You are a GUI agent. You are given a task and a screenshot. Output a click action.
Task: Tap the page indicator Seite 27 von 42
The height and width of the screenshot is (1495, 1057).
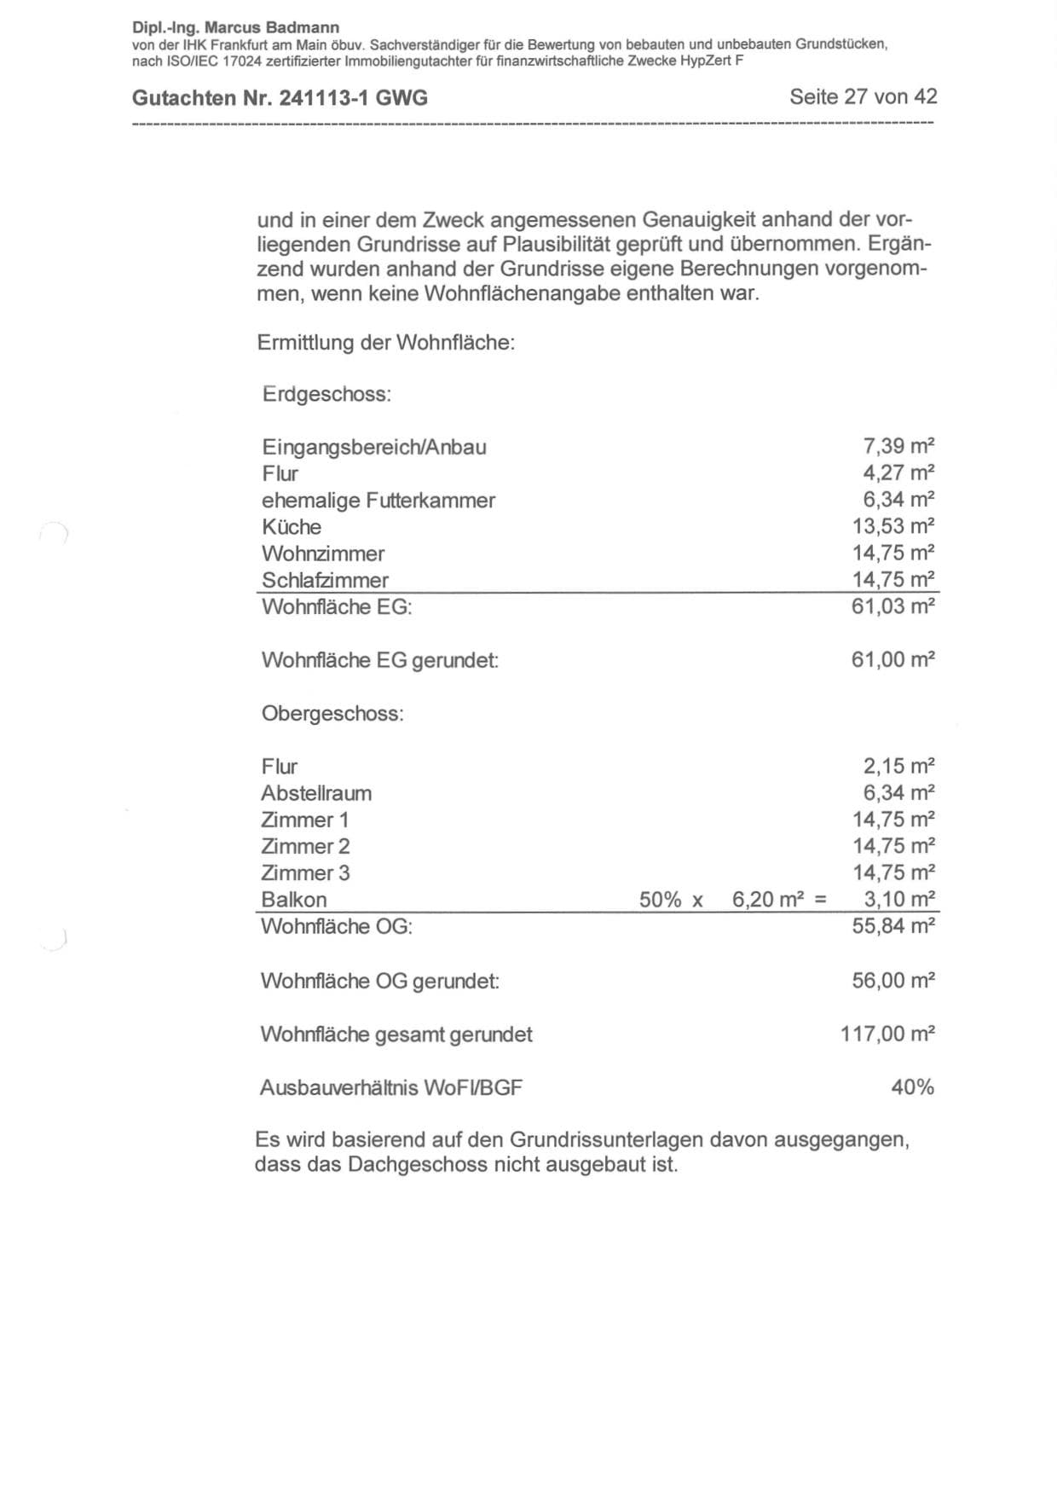point(863,96)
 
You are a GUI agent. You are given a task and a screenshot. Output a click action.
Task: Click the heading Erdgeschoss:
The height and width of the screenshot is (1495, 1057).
point(326,395)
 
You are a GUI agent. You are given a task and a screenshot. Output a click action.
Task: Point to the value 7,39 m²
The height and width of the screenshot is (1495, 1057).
point(898,446)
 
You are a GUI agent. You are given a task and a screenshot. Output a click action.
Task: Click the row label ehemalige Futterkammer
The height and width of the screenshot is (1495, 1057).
point(378,501)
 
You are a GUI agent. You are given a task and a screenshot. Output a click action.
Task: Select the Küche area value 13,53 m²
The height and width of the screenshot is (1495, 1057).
point(893,526)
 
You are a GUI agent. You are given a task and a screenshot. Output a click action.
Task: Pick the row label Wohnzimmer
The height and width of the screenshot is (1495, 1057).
point(323,553)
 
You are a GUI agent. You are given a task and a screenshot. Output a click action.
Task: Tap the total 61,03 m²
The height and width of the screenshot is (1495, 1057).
point(893,606)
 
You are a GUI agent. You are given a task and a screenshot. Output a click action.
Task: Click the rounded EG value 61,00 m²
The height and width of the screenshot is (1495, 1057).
point(893,659)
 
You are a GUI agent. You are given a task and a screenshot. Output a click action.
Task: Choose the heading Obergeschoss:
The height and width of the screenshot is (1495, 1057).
point(332,714)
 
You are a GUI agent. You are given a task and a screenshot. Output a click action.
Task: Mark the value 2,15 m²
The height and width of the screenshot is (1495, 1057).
point(898,766)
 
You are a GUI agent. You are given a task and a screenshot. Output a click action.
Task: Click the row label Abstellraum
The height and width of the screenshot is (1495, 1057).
point(316,793)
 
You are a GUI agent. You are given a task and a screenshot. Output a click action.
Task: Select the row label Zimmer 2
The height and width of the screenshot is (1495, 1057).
point(305,846)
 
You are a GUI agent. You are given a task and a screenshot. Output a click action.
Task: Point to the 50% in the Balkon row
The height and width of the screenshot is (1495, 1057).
point(661,900)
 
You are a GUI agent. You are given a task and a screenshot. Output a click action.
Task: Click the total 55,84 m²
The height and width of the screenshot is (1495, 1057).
point(893,926)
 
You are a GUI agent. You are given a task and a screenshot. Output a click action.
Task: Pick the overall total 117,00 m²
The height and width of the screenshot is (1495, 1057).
point(887,1034)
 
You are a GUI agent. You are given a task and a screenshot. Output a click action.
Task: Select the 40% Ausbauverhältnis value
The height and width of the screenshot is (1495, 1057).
point(912,1087)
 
